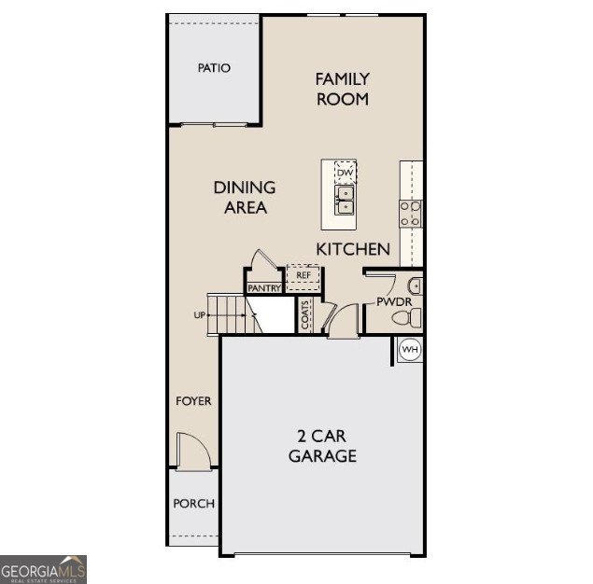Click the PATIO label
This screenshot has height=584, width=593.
coord(214,68)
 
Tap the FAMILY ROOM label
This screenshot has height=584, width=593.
coord(342,89)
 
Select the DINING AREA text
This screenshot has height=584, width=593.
coord(245,198)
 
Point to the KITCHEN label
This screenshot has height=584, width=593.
coord(353,249)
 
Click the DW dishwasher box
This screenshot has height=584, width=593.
coord(346,173)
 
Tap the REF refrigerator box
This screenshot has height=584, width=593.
coord(304,275)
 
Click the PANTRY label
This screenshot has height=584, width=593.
coord(264,289)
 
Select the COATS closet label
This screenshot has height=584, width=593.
coord(306,314)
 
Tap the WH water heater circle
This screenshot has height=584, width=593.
coord(410,349)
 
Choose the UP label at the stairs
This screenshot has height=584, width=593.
coord(199,315)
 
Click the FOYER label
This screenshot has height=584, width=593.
coord(194,401)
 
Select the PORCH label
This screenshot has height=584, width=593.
coord(194,504)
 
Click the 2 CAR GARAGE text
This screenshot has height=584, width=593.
coord(321,446)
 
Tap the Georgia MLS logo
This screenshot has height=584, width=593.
coord(44,568)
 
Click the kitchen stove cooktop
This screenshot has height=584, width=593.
coord(411,215)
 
